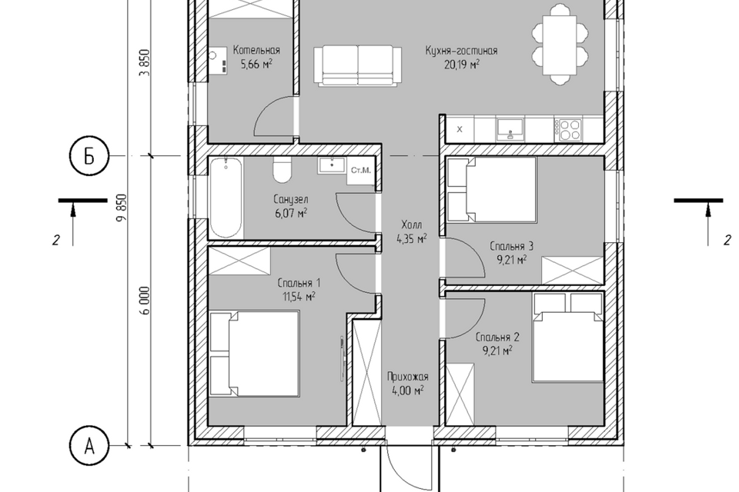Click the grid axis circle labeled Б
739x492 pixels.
pyautogui.click(x=89, y=156)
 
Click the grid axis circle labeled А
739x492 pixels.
pyautogui.click(x=89, y=445)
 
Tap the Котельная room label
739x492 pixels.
pyautogui.click(x=257, y=51)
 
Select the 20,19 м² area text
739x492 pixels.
pyautogui.click(x=461, y=64)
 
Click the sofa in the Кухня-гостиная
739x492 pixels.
pyautogui.click(x=358, y=65)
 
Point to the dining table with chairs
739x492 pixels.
pyautogui.click(x=560, y=45)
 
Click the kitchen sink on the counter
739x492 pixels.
pyautogui.click(x=510, y=128)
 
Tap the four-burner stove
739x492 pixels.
pyautogui.click(x=569, y=129)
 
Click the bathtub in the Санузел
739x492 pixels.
pyautogui.click(x=226, y=198)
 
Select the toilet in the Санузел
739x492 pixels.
pyautogui.click(x=283, y=171)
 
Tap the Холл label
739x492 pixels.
pyautogui.click(x=411, y=224)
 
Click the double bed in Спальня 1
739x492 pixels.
pyautogui.click(x=255, y=354)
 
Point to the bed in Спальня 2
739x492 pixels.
pyautogui.click(x=568, y=337)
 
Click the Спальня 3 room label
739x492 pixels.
pyautogui.click(x=511, y=246)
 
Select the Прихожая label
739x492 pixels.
pyautogui.click(x=408, y=377)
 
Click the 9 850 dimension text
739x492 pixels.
pyautogui.click(x=123, y=208)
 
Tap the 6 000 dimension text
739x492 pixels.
pyautogui.click(x=145, y=301)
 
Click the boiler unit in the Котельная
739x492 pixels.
pyautogui.click(x=218, y=61)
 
